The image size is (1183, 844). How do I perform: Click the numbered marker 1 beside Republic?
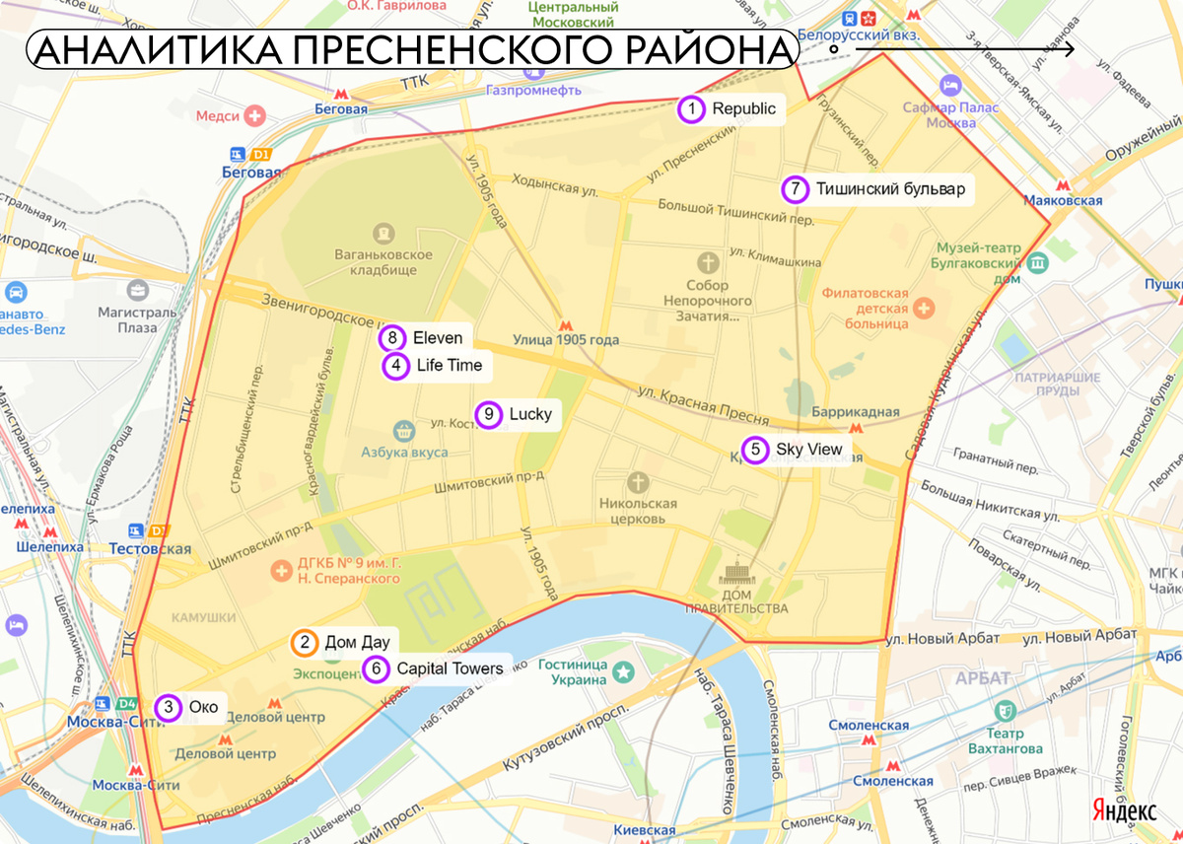[692, 109]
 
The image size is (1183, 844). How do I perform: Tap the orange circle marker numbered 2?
[305, 643]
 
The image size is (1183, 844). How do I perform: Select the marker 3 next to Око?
[170, 707]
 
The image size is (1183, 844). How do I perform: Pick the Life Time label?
[450, 366]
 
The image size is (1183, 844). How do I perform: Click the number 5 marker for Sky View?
[755, 451]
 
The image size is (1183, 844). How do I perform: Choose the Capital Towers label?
[450, 668]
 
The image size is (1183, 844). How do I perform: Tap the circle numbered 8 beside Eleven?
[392, 338]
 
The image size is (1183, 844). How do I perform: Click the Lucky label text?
[530, 415]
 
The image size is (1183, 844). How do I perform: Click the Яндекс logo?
[1125, 810]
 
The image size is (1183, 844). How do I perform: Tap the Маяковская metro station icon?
[1063, 184]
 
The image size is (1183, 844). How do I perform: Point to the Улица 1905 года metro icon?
[565, 324]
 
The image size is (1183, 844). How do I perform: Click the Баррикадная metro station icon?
[856, 429]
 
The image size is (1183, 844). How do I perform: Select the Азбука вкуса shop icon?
[402, 430]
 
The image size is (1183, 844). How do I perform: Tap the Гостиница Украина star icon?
[623, 672]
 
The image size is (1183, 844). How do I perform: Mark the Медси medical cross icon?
[256, 116]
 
